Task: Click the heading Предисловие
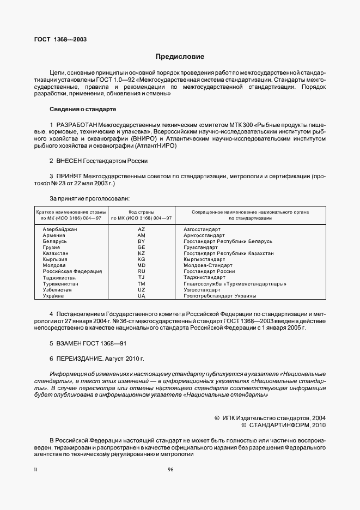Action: pos(180,56)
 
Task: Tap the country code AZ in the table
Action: pos(141,229)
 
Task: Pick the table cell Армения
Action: pos(54,235)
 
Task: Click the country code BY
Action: pos(141,241)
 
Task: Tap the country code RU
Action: pos(141,271)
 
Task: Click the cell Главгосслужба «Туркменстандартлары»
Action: pos(235,284)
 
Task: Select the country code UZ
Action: pos(141,290)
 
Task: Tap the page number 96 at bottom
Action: pos(170,469)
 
